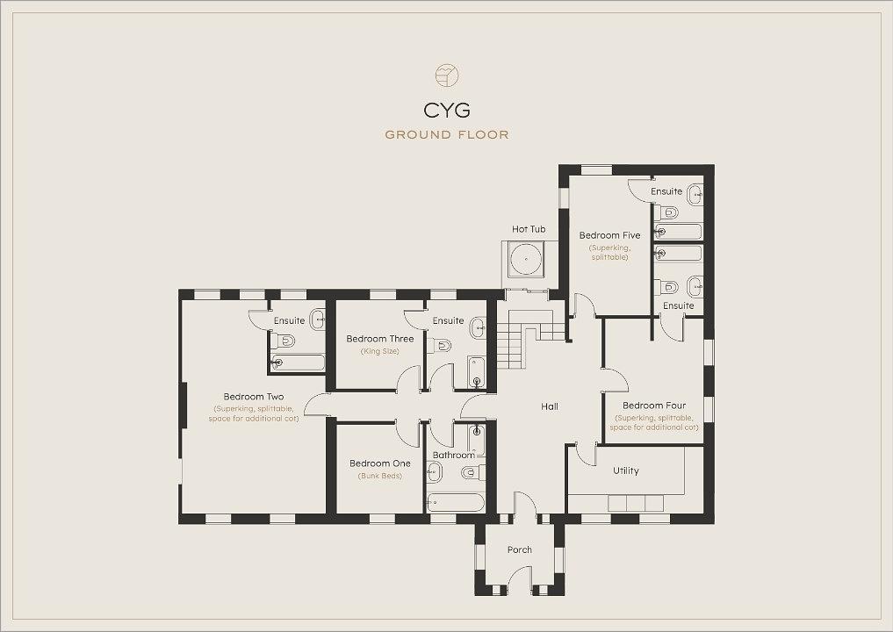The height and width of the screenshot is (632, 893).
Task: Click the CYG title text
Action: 447,110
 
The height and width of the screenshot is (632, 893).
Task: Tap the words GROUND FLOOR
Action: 447,135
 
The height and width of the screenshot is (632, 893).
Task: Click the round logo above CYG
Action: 447,75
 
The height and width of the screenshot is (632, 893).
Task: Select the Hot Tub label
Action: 529,229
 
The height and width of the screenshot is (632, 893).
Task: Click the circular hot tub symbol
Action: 524,260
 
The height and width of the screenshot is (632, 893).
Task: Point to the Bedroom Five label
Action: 609,235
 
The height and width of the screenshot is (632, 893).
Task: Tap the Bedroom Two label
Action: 254,397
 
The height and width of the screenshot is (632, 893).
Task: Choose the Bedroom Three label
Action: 380,339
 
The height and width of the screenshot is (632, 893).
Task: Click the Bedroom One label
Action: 380,463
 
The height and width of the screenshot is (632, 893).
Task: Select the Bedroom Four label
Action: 654,406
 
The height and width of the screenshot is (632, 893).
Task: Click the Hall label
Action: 550,406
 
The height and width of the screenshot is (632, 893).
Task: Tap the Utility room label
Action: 626,470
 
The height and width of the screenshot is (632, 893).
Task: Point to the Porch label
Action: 520,549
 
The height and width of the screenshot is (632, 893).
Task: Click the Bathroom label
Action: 454,455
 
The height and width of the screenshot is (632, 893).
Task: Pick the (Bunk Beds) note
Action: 380,476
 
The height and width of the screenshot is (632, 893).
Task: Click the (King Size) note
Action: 380,351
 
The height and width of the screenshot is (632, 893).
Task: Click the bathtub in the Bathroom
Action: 456,503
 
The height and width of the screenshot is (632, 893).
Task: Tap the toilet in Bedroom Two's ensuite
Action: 283,341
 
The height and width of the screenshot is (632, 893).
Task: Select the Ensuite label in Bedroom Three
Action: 448,320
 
